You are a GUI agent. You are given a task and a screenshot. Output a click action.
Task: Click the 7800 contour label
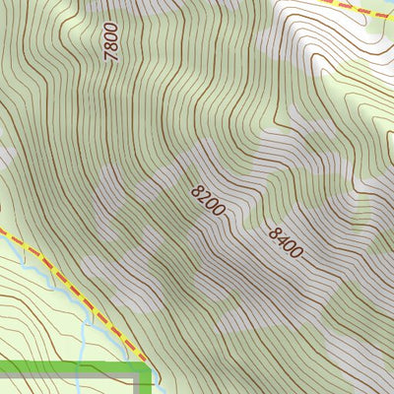(x=111, y=43)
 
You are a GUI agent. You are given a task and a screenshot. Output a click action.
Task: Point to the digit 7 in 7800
(x=111, y=59)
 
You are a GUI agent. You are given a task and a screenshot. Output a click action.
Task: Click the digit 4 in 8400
(x=282, y=238)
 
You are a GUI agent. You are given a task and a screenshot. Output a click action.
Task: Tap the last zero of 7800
(x=111, y=29)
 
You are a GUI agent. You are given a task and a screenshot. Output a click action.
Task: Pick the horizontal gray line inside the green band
(x=59, y=375)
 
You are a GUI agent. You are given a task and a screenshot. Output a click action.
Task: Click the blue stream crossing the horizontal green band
(x=85, y=369)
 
